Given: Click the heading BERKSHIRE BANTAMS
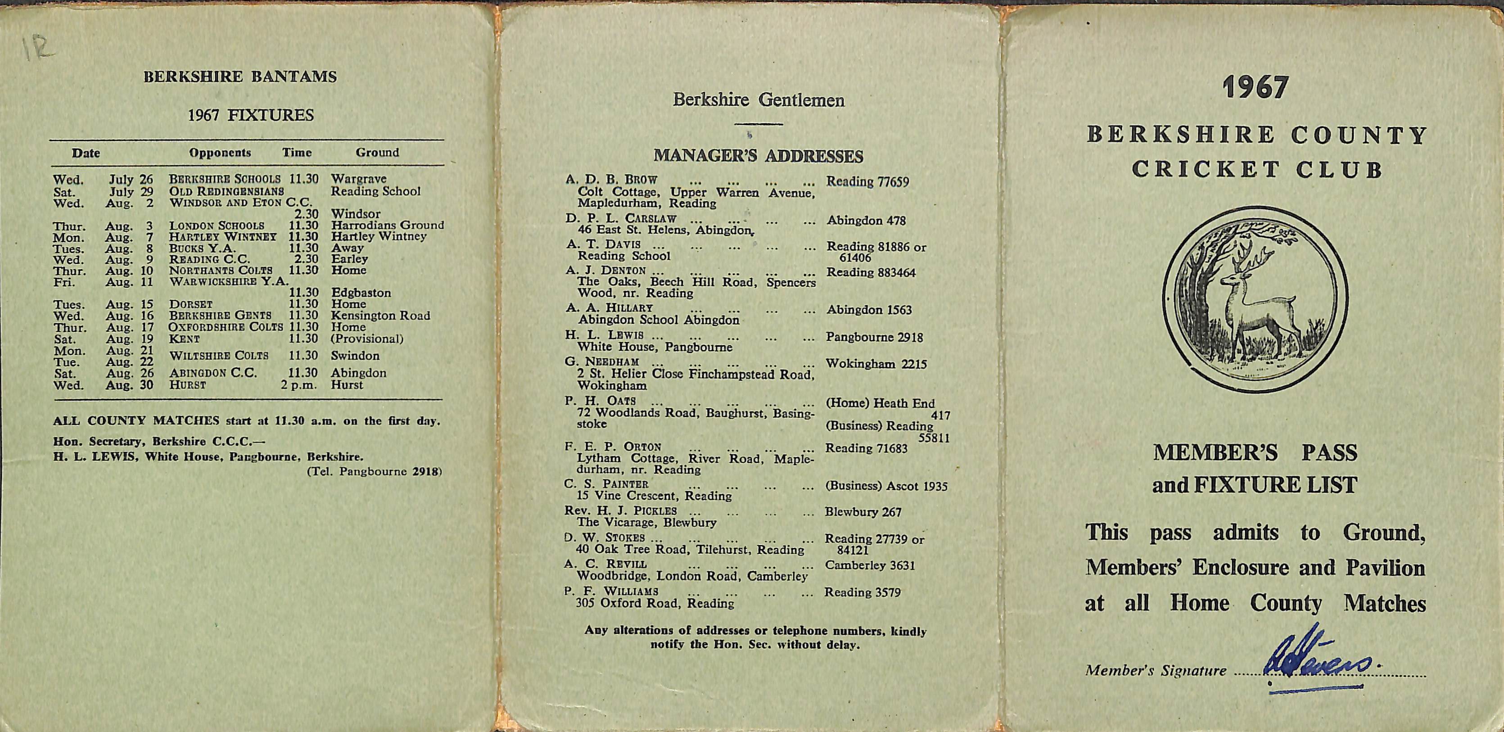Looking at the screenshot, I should tap(240, 77).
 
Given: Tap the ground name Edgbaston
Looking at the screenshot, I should tap(361, 293).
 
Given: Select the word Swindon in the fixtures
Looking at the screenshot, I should tap(355, 356).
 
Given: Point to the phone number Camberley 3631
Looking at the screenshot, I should tap(869, 565).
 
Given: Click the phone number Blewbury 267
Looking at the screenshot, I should tap(863, 512).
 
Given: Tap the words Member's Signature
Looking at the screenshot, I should tap(1156, 671).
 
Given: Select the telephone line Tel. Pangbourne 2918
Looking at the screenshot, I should tap(374, 472).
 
